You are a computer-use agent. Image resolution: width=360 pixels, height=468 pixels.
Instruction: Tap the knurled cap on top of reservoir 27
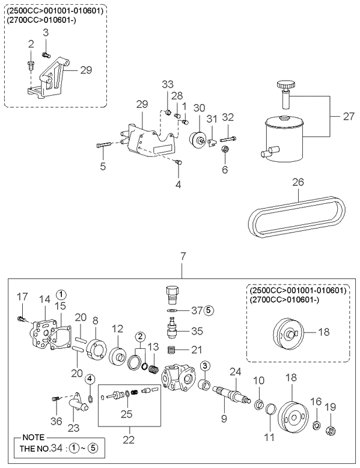coord(285,85)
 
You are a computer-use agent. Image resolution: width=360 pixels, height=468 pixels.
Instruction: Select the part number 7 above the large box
coord(183,256)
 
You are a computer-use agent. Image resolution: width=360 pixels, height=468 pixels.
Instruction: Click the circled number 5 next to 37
coord(209,310)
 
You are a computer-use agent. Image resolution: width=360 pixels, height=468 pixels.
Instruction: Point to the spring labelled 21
coord(170,350)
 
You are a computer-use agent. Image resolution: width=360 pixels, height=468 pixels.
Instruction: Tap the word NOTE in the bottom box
coord(34,437)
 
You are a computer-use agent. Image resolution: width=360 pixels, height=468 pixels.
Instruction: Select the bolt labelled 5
coord(104,146)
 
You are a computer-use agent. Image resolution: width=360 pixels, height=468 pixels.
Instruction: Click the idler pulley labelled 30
coord(197,139)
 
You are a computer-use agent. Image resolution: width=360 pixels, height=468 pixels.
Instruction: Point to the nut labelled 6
coord(226,149)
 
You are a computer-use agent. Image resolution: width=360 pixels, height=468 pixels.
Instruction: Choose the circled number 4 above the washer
coord(91,379)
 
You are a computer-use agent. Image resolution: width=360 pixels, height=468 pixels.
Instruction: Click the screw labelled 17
coord(22,319)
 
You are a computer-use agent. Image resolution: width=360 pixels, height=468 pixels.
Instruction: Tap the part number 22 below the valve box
coord(129,439)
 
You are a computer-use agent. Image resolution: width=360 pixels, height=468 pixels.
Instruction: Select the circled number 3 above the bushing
coord(205,365)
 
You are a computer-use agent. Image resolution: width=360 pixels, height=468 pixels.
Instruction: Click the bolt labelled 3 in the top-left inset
coord(45,55)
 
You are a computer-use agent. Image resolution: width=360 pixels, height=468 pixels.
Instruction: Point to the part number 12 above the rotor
coord(118,329)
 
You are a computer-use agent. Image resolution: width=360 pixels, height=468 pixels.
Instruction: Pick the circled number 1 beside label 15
coord(61,295)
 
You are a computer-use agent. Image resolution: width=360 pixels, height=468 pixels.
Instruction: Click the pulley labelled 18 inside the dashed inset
coord(288,333)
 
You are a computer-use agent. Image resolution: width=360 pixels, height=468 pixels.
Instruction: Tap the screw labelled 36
coord(55,398)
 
